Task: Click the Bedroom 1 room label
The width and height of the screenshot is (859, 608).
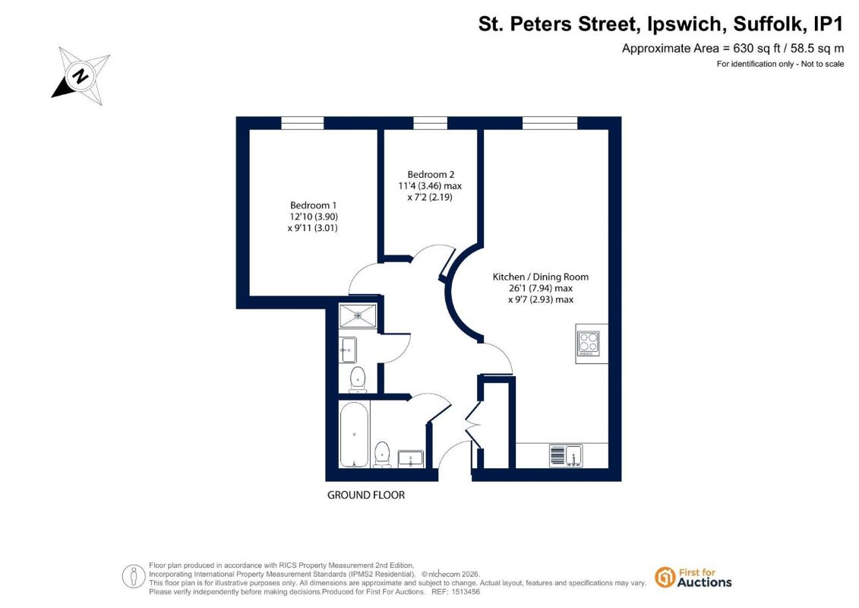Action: pyautogui.click(x=314, y=205)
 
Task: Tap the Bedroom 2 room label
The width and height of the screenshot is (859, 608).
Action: pyautogui.click(x=431, y=174)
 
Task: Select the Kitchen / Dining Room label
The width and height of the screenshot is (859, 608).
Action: pyautogui.click(x=540, y=277)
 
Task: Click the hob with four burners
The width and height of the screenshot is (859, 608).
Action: pyautogui.click(x=589, y=344)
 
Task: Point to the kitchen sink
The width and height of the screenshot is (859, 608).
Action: pyautogui.click(x=566, y=455)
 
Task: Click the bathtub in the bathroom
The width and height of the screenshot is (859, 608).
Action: pyautogui.click(x=354, y=434)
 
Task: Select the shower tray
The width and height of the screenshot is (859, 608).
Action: pyautogui.click(x=358, y=316)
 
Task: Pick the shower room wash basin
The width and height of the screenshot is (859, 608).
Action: pyautogui.click(x=348, y=350)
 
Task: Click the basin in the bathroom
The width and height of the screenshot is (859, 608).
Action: pyautogui.click(x=410, y=459)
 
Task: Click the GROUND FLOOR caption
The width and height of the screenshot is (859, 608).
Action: pyautogui.click(x=366, y=495)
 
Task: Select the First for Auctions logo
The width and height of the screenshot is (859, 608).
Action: pyautogui.click(x=693, y=578)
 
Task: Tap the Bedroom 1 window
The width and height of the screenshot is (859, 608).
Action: pyautogui.click(x=302, y=123)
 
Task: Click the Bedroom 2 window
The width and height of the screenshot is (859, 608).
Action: pyautogui.click(x=430, y=123)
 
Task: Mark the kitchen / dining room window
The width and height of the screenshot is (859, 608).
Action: pyautogui.click(x=550, y=123)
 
